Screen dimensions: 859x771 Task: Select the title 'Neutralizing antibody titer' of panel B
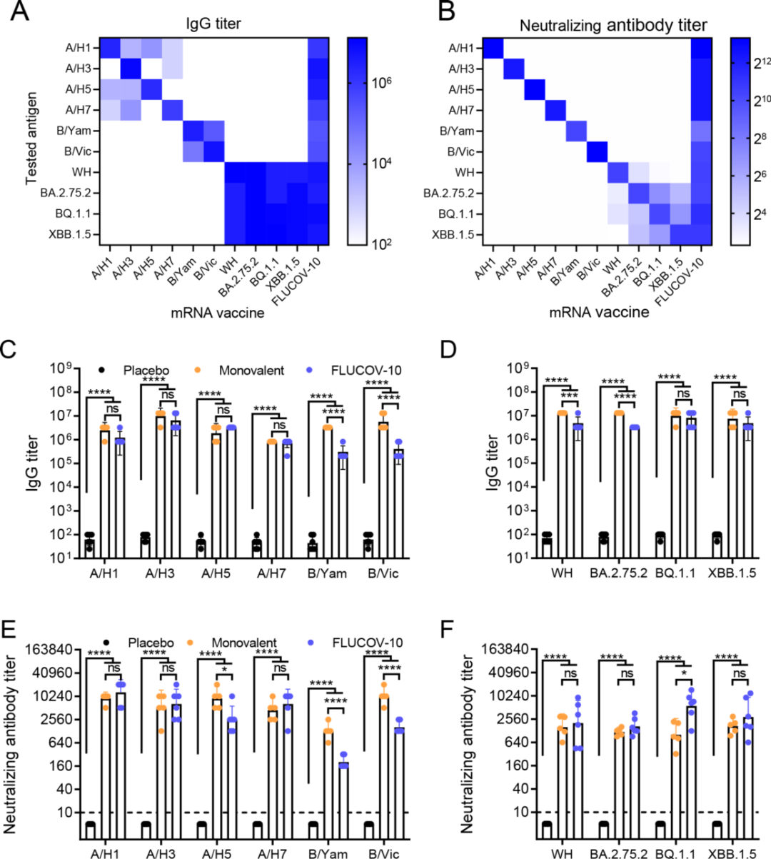[x=613, y=26]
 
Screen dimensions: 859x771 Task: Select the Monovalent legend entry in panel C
[x=251, y=370]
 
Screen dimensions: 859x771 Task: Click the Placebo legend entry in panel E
[x=150, y=643]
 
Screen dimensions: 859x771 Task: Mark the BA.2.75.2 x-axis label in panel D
[x=618, y=573]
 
